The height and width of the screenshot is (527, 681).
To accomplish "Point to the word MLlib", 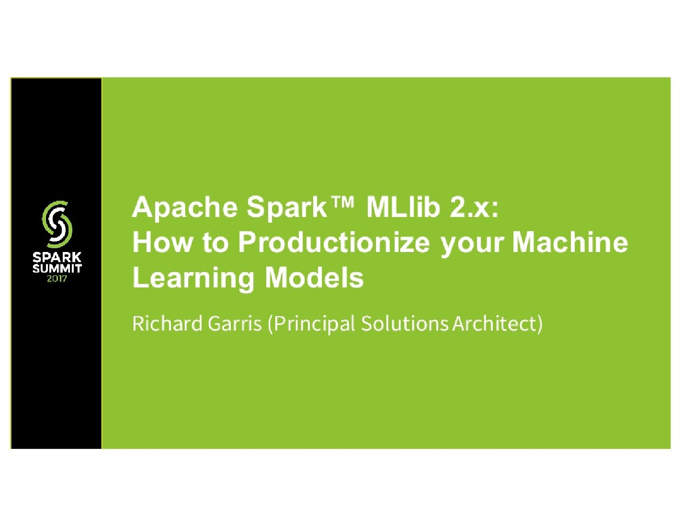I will [x=403, y=207].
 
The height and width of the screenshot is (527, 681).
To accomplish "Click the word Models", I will [x=314, y=277].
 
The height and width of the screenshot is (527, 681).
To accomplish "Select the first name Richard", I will [x=167, y=323].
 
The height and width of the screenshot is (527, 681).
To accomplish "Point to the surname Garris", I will [x=235, y=323].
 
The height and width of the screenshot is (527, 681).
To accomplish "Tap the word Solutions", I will [x=405, y=323].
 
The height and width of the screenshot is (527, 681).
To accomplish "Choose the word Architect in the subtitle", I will [x=496, y=323].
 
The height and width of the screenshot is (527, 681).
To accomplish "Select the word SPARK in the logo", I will [x=57, y=258].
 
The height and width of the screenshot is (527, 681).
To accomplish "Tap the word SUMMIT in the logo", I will [x=57, y=268].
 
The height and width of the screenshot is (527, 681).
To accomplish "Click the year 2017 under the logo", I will [x=57, y=278].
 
